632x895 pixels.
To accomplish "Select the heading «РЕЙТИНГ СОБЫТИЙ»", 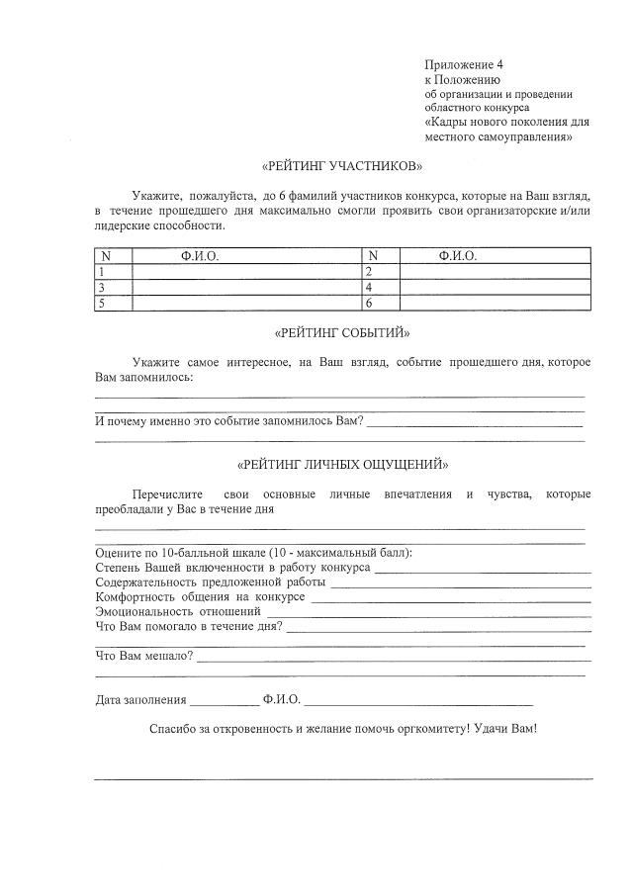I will pyautogui.click(x=341, y=332).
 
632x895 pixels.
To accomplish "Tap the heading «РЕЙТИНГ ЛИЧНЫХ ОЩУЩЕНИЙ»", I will pyautogui.click(x=341, y=464).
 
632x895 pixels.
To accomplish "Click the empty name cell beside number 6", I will pyautogui.click(x=495, y=304).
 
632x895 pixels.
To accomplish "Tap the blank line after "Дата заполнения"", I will pyautogui.click(x=224, y=702).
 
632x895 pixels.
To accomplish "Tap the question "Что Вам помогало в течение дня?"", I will pyautogui.click(x=188, y=627).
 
